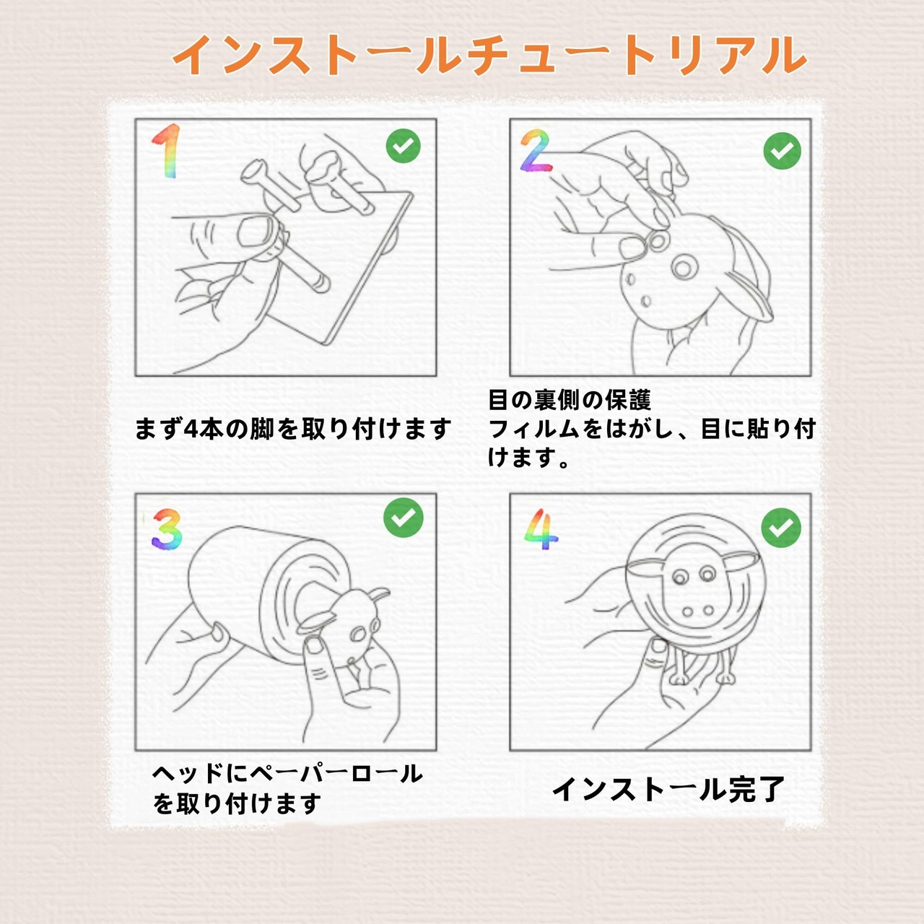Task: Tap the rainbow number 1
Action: click(x=166, y=151)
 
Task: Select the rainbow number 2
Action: click(x=536, y=150)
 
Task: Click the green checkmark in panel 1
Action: click(x=404, y=146)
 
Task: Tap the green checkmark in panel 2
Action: click(x=782, y=151)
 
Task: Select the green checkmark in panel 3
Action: click(x=404, y=518)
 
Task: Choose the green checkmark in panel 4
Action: click(x=781, y=528)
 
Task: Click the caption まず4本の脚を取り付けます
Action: click(x=293, y=428)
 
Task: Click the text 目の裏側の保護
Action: click(x=569, y=400)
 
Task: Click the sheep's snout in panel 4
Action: click(x=697, y=611)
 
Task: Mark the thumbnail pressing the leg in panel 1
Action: click(x=255, y=231)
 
